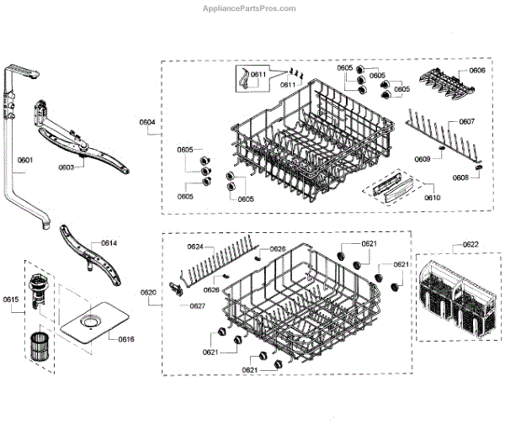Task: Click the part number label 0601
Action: pos(24,160)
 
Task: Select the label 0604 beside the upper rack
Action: pos(147,123)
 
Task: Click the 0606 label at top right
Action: pos(477,70)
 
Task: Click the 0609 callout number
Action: pos(422,159)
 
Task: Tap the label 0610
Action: pos(431,196)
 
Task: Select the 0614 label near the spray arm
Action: pos(109,243)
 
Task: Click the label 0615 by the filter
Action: pos(10,299)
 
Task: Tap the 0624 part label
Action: pos(194,246)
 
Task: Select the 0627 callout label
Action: pos(197,305)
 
